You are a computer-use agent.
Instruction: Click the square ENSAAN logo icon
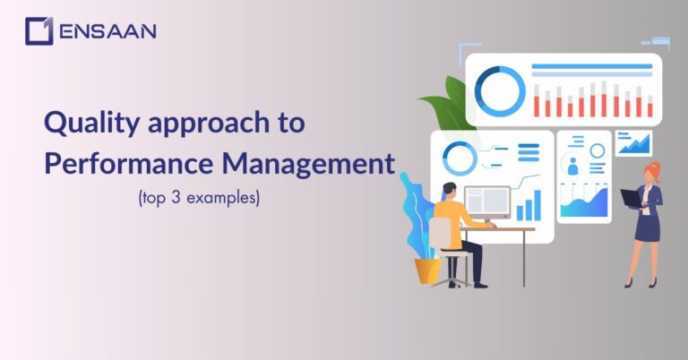coord(39,31)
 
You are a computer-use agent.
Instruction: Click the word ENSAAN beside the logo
coord(107,31)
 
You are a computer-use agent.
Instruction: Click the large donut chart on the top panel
coord(500,90)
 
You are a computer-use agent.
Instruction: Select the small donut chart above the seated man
coord(460,159)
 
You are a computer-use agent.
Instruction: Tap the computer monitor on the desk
coord(487,201)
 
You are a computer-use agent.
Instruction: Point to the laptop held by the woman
coord(632,199)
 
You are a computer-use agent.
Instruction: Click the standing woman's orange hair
coord(654,171)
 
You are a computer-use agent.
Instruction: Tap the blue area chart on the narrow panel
coord(583,202)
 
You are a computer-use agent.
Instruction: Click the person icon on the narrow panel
coord(573,165)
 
